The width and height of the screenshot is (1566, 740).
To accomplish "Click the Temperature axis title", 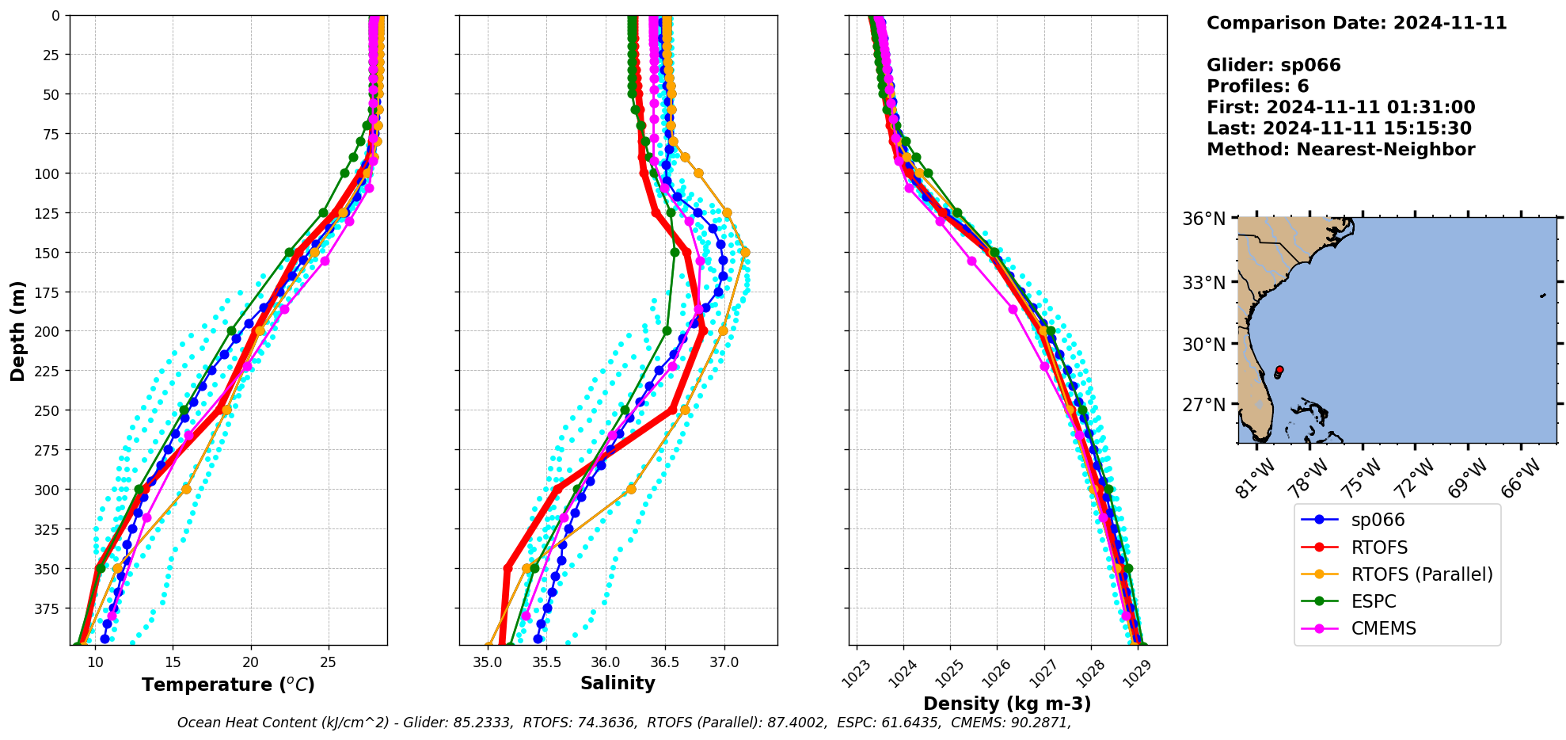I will (228, 685).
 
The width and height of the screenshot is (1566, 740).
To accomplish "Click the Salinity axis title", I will (618, 684).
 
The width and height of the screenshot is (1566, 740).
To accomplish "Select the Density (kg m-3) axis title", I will (1007, 704).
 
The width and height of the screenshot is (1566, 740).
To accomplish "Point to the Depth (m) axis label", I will (17, 330).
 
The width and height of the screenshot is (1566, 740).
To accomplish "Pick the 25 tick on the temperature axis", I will (329, 663).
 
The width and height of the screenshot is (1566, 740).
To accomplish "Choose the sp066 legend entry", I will (1378, 521).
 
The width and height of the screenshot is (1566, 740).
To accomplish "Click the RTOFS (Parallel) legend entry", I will (1422, 574).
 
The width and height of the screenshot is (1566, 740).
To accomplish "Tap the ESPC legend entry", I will (1374, 601).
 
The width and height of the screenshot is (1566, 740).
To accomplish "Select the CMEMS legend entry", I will (1383, 628).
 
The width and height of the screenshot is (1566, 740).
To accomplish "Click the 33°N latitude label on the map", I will (1203, 283).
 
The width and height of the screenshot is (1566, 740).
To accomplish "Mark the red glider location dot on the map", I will (1279, 370).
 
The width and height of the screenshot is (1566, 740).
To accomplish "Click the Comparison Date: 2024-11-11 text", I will (1356, 23).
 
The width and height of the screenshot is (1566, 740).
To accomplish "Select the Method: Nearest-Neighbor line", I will (1340, 150).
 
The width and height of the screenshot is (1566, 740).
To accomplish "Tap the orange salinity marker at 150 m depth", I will (745, 252).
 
